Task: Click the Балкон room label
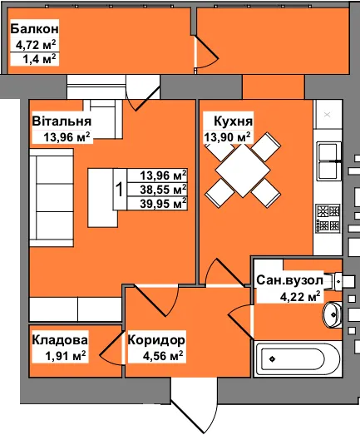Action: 34,29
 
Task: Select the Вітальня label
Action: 62,121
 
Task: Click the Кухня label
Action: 234,121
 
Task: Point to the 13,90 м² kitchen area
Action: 227,136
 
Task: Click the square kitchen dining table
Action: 243,170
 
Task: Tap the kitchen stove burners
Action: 328,219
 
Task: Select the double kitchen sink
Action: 329,161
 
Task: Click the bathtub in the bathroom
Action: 298,359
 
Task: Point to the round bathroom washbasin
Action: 333,314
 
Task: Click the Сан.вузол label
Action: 289,280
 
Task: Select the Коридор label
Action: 156,340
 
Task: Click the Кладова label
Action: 60,340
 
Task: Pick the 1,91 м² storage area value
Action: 66,356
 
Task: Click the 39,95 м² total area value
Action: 163,204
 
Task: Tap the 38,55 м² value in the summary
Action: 163,190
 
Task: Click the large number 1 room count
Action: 120,190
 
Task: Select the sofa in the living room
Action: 52,197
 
